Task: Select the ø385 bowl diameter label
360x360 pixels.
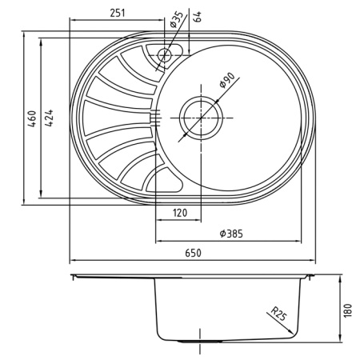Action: click(x=230, y=234)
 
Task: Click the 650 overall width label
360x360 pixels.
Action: click(x=193, y=253)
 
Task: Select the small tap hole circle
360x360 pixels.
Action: click(x=165, y=54)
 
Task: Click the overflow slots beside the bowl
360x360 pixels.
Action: click(x=153, y=118)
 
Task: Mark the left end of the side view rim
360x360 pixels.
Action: click(x=73, y=276)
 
